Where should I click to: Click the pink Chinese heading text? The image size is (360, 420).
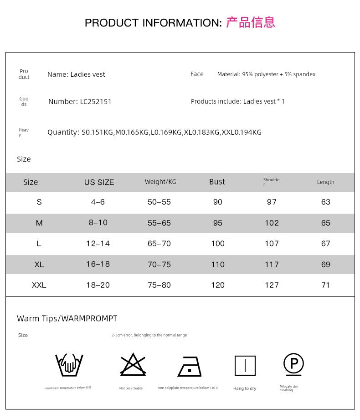(x=251, y=22)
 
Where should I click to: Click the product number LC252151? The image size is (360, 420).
(x=96, y=102)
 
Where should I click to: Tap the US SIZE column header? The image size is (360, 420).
(x=99, y=182)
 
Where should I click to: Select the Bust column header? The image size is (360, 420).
(x=217, y=182)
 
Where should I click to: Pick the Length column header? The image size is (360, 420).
(x=325, y=182)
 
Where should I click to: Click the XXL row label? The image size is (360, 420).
(x=39, y=285)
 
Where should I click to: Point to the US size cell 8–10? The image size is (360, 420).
(x=98, y=222)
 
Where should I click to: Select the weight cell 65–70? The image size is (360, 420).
(x=159, y=243)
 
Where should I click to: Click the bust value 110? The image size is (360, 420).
(x=218, y=264)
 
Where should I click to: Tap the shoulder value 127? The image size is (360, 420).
(x=272, y=285)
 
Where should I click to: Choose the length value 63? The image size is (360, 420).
(x=325, y=202)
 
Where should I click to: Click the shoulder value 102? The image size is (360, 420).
(x=272, y=223)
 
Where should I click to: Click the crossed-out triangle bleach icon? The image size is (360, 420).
(x=133, y=365)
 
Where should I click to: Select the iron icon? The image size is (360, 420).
(x=189, y=366)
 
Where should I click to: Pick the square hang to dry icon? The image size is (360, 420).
(x=245, y=366)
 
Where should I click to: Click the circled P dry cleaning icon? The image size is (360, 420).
(x=293, y=364)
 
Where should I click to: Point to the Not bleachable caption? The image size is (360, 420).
(x=131, y=388)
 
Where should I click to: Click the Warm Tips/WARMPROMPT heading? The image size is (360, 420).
(x=67, y=319)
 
